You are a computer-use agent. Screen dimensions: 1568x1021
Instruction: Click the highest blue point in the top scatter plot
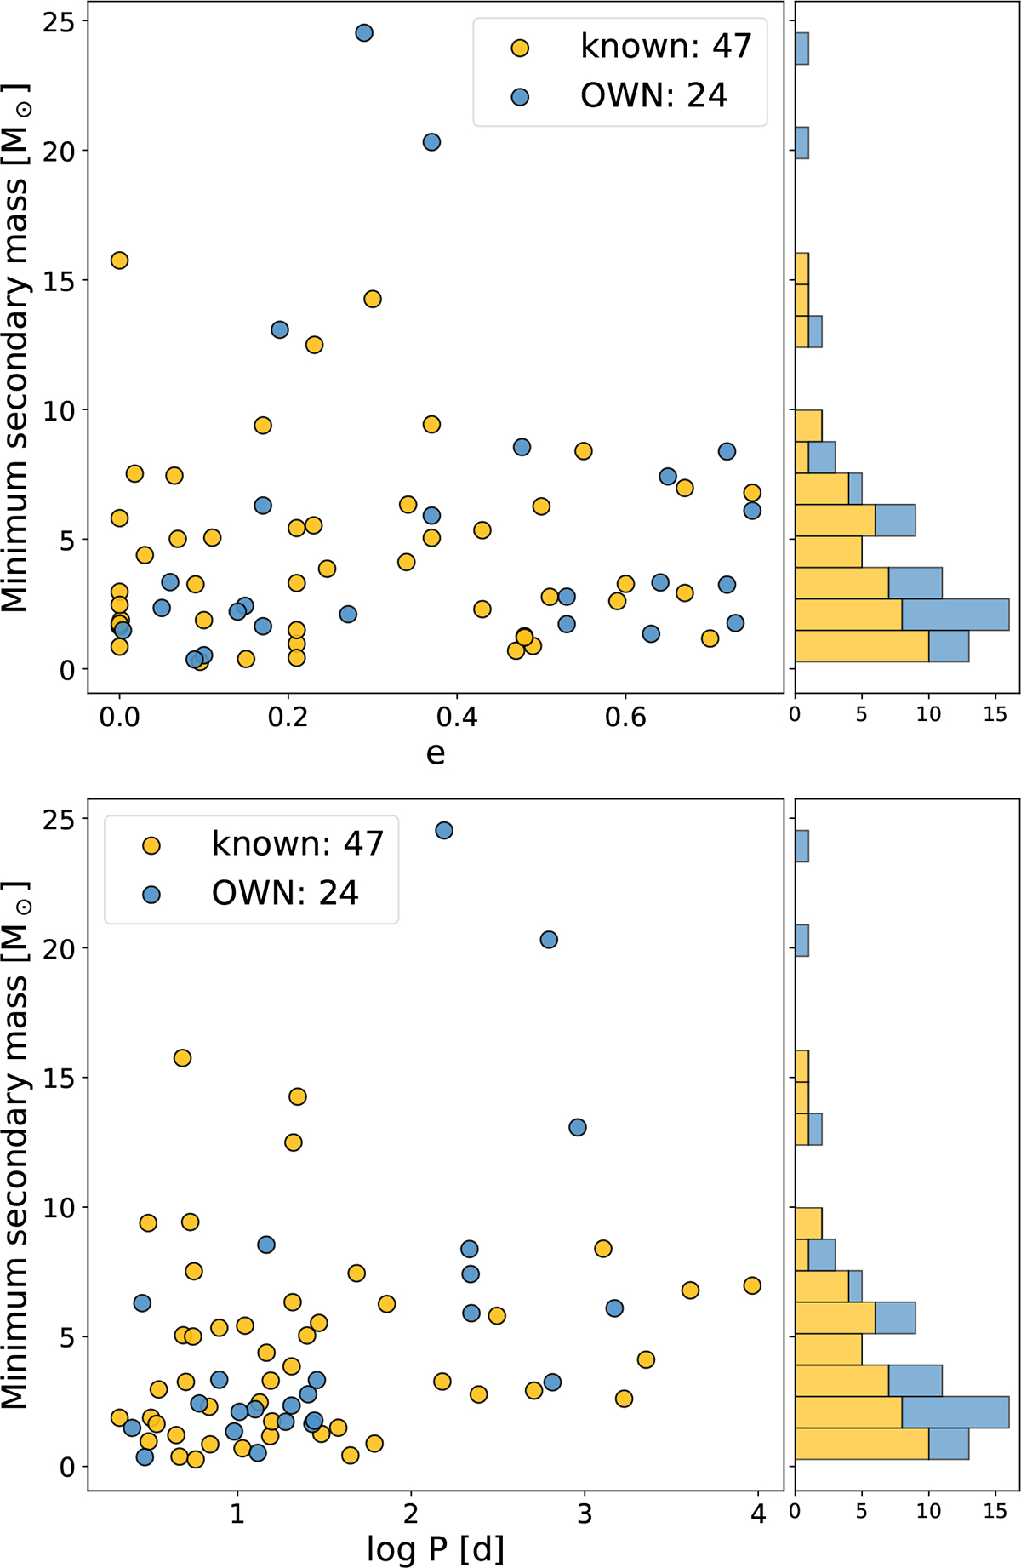(x=364, y=33)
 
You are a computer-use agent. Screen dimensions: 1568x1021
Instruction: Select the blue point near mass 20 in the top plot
(x=431, y=142)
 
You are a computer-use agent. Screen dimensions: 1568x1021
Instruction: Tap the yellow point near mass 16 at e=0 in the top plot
(x=119, y=260)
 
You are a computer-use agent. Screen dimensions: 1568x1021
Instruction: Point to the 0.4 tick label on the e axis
(x=457, y=716)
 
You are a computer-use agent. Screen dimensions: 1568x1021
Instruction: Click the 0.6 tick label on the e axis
(x=625, y=716)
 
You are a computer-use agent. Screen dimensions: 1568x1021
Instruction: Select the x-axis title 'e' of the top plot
(x=435, y=753)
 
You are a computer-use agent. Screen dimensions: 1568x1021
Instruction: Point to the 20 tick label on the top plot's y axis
(x=57, y=152)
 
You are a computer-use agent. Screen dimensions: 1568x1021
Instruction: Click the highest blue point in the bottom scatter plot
(x=443, y=831)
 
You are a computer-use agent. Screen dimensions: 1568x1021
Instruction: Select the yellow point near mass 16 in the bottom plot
(x=182, y=1058)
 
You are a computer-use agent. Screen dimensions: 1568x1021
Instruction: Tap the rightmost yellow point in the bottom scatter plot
(x=752, y=1285)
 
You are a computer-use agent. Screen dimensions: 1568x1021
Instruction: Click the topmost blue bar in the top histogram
(x=801, y=49)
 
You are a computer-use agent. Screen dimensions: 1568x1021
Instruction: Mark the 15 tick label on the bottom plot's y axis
(x=57, y=1079)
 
